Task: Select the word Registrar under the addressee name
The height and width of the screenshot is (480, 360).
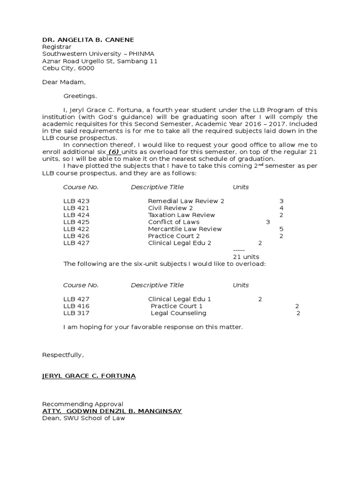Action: click(55, 47)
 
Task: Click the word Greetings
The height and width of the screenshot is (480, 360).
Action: click(80, 96)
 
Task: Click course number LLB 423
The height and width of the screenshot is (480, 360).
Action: click(76, 201)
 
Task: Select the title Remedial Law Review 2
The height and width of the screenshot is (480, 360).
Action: click(186, 201)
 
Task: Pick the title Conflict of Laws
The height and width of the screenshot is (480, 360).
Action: click(173, 222)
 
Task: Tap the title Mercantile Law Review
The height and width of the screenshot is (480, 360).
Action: click(185, 229)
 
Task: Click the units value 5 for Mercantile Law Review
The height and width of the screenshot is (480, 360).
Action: click(281, 229)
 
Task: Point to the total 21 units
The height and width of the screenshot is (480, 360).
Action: click(246, 257)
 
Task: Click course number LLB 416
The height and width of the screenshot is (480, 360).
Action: click(76, 306)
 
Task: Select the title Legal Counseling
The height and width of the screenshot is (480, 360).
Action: click(178, 313)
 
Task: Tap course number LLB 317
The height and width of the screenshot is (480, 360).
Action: click(76, 313)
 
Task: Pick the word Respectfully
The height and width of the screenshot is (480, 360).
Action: click(63, 355)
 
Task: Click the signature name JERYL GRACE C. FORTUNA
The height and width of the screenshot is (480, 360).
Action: click(89, 376)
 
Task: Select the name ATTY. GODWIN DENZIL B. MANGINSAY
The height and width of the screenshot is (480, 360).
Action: click(112, 411)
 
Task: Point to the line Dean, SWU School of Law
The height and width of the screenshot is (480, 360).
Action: click(83, 418)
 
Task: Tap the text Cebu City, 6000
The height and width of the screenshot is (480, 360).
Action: click(68, 68)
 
